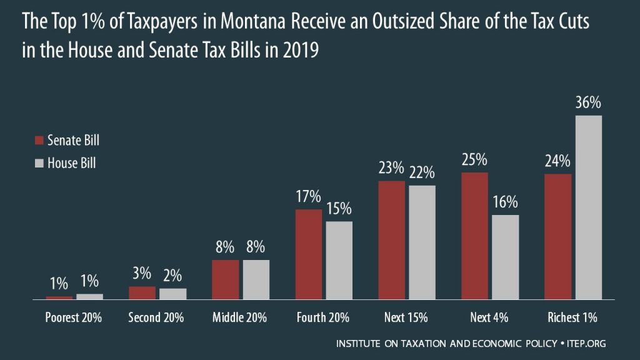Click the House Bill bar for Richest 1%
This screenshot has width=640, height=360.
[588, 207]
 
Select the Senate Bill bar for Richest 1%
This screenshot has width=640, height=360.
[558, 237]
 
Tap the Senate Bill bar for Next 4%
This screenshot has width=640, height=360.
[474, 236]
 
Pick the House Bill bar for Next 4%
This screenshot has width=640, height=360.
[505, 257]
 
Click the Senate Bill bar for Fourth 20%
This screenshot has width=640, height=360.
[308, 254]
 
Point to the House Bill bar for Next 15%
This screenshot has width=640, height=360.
[422, 242]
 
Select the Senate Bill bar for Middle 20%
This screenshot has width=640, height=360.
[225, 279]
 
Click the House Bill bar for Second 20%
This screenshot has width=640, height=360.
[172, 294]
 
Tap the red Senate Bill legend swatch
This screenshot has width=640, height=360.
[38, 141]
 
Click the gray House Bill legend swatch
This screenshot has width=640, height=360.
[38, 164]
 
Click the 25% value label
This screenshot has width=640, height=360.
[474, 160]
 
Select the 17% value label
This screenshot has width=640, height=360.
[308, 197]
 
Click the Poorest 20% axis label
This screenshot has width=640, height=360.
[74, 317]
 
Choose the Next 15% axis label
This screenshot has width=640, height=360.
[407, 317]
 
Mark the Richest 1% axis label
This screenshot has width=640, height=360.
[573, 317]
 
